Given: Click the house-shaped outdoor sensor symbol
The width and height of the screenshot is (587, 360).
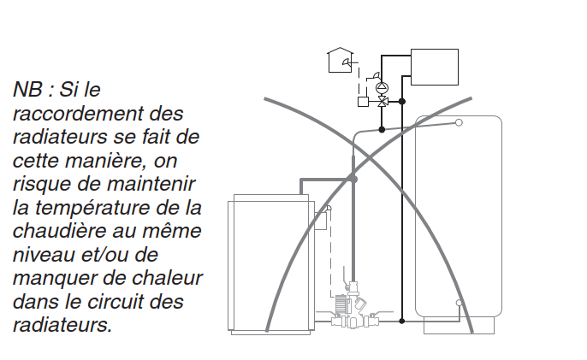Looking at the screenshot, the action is coord(340,60).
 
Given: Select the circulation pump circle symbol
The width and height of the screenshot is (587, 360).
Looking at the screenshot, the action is coord(382,88).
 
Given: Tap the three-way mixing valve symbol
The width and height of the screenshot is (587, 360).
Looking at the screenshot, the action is coord(382,102).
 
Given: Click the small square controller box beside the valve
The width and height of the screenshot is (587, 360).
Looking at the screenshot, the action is coord(363,102).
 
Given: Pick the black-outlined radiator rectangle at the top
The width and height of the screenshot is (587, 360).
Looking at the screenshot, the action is coord(435,67).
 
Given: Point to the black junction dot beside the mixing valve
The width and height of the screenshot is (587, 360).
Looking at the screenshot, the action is coord(402,102).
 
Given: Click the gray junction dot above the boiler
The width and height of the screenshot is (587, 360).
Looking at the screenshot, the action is coord(353,180).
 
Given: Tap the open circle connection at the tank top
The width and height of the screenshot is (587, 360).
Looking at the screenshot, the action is coord(459,122).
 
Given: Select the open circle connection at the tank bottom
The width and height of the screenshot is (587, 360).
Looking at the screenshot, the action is coord(459,303).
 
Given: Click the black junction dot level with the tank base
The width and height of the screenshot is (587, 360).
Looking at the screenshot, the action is coord(402,321).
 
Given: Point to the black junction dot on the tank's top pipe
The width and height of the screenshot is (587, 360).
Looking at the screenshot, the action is coord(382,129).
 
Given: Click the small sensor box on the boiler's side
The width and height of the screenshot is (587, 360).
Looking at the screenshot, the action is coord(321,221).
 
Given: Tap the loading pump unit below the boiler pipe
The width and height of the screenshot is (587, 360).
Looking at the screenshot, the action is coord(351,307).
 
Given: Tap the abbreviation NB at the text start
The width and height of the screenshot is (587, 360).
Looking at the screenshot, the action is coord(27,90).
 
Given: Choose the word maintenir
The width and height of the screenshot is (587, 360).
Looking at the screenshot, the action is coord(151,184).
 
